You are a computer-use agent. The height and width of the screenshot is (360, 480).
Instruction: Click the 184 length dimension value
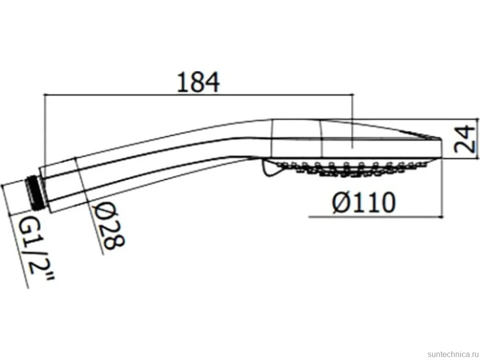pyautogui.click(x=198, y=82)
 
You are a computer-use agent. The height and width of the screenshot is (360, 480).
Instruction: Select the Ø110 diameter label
pyautogui.click(x=364, y=202)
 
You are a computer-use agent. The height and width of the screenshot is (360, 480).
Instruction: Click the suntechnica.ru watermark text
pyautogui.click(x=453, y=354)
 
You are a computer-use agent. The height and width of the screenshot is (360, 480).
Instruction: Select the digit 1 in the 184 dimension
pyautogui.click(x=183, y=82)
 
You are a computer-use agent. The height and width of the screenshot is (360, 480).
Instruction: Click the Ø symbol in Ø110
pyautogui.click(x=341, y=202)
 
